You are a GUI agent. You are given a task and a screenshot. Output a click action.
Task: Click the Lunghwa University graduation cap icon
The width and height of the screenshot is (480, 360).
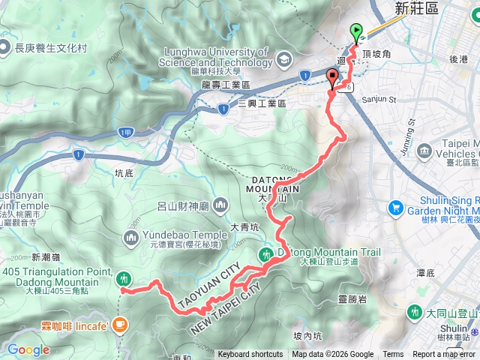[284, 58]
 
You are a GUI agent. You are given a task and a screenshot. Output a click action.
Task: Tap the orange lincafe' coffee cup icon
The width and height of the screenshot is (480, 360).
[121, 325]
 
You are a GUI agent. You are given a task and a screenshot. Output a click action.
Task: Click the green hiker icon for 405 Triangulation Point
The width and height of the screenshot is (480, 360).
[124, 280]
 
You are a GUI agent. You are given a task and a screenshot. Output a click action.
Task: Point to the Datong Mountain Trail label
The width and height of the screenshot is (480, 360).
[330, 253]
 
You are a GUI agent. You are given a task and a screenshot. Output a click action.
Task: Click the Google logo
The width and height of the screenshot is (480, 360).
[28, 349]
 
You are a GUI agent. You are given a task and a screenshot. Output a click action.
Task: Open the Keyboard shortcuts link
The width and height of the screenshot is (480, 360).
[250, 355]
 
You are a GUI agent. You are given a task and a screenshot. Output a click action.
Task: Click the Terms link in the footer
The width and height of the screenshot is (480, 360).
[393, 355]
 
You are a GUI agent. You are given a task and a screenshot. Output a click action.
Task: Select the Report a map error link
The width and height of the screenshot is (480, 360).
[445, 355]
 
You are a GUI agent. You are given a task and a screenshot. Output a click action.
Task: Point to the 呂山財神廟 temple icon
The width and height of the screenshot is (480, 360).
[220, 204]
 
